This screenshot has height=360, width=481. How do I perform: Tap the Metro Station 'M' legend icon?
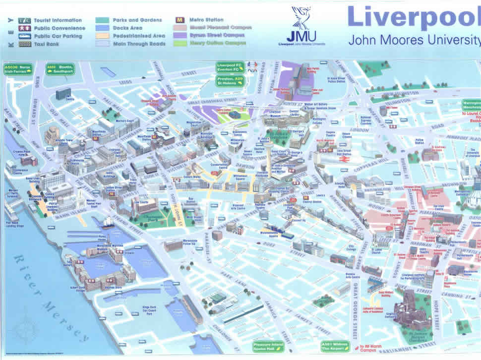click(x=180, y=20)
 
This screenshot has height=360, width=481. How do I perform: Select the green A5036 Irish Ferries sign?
click(x=18, y=69)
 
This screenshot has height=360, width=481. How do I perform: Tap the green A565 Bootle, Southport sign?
click(x=60, y=69)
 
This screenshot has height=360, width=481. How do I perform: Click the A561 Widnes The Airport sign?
click(x=336, y=346)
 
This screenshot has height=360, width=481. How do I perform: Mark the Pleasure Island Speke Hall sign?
click(x=269, y=346)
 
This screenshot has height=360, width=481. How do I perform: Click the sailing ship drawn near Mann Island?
click(x=107, y=222)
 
